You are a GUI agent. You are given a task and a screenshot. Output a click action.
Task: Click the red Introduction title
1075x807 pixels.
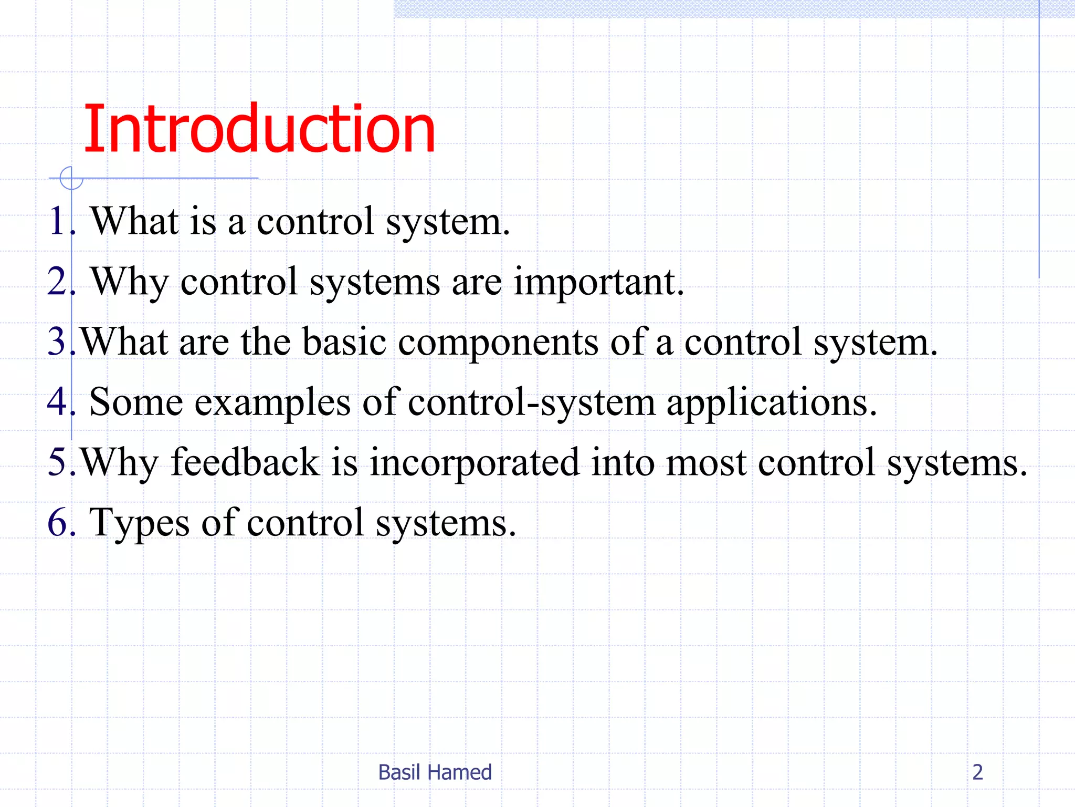click(259, 129)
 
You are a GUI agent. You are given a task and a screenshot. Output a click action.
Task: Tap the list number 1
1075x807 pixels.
click(57, 221)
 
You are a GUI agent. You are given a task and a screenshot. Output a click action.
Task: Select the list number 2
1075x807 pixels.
click(57, 281)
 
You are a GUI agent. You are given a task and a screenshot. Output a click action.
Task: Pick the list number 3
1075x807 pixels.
click(57, 342)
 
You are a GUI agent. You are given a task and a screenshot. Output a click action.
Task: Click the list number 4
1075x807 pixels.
click(57, 402)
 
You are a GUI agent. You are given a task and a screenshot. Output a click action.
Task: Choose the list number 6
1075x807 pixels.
click(57, 523)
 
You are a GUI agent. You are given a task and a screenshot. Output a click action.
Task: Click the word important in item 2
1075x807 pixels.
click(598, 283)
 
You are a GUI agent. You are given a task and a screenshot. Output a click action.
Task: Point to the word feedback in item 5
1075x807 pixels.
click(245, 462)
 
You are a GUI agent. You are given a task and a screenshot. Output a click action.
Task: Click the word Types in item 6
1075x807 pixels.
click(140, 524)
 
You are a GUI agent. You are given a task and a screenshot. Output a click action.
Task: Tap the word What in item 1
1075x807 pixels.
click(135, 221)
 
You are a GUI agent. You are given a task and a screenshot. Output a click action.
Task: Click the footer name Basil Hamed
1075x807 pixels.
click(435, 772)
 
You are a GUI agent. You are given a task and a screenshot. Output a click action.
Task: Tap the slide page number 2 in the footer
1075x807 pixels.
click(977, 772)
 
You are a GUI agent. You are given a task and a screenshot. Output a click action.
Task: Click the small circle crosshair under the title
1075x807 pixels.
click(71, 178)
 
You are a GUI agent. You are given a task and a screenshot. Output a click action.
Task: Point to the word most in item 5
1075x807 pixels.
click(705, 463)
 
